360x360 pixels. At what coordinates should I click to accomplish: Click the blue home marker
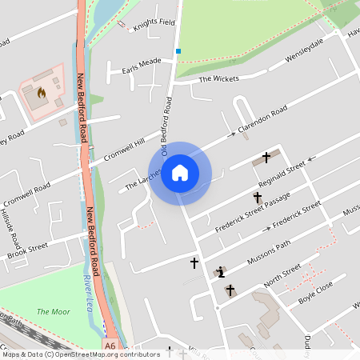click(x=180, y=173)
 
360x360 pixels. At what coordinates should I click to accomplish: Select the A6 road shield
click(x=110, y=346)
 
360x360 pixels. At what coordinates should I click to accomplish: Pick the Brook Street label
click(x=28, y=250)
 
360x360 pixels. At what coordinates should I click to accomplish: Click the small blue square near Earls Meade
click(x=178, y=51)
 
